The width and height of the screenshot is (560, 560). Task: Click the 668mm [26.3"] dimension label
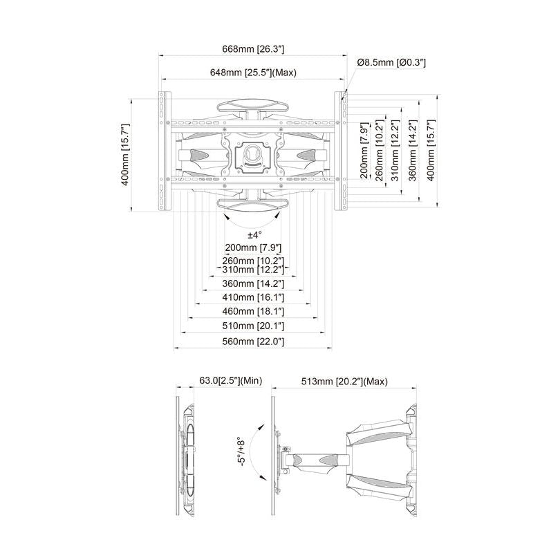point(253,49)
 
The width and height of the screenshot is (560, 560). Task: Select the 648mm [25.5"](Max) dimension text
point(253,73)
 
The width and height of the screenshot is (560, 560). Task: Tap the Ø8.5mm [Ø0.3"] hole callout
point(391,63)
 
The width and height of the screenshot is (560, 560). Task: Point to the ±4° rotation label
point(253,236)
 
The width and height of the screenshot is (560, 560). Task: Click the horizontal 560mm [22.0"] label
point(254,342)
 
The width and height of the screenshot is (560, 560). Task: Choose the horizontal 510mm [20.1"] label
point(254,326)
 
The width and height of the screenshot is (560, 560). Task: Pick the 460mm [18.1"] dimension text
point(254,311)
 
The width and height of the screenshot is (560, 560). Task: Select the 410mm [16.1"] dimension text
point(254,297)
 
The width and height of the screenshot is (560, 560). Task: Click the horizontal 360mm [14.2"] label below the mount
point(254,283)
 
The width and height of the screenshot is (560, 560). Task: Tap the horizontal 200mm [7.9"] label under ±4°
point(254,248)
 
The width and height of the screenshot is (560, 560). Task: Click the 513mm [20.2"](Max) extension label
point(345,381)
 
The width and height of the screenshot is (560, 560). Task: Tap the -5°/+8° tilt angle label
point(239,453)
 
